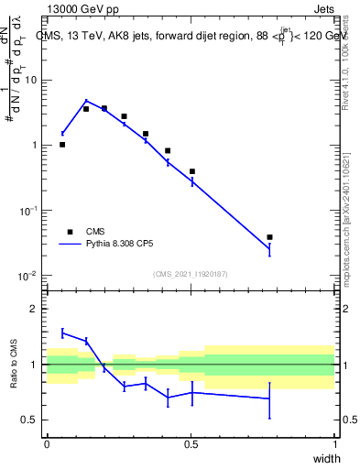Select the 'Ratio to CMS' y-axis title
click(x=14, y=364)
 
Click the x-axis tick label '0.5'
click(x=191, y=444)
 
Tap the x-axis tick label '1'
click(x=334, y=444)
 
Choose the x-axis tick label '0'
click(x=47, y=444)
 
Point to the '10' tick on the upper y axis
click(x=29, y=80)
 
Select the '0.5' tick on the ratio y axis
click(x=29, y=420)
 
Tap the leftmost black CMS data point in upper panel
click(x=62, y=145)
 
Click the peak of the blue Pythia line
click(x=86, y=101)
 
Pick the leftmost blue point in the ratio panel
click(x=62, y=333)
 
